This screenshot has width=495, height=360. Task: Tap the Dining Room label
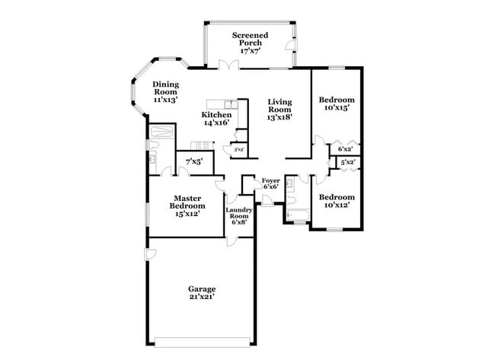[x=165, y=92]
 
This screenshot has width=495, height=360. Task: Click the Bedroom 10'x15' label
[x=336, y=104]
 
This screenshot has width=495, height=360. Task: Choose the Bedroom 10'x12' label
[x=336, y=200]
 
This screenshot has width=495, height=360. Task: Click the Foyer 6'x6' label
[x=270, y=183]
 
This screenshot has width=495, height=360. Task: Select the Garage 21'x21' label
[x=202, y=293]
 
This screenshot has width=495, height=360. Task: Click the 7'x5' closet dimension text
[x=193, y=161]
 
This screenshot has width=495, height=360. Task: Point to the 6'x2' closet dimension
[x=345, y=149]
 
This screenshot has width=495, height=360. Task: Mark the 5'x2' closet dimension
[x=347, y=162]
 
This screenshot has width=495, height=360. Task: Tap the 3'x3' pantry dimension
[x=238, y=150]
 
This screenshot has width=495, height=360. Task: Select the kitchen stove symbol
[x=203, y=145]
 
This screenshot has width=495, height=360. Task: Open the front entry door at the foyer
[x=267, y=200]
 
